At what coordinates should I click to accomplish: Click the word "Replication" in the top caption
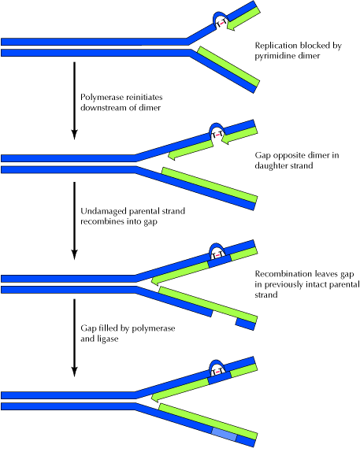[276, 46]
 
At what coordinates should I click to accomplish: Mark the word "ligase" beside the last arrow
[107, 339]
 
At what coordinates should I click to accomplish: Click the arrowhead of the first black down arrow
[74, 135]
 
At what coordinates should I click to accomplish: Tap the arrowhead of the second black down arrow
[74, 254]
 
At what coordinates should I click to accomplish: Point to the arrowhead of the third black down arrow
[74, 372]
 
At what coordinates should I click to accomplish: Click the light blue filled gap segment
[225, 435]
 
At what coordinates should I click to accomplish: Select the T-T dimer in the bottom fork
[217, 371]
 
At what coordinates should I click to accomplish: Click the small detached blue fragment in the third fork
[245, 324]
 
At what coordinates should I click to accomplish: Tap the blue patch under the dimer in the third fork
[220, 261]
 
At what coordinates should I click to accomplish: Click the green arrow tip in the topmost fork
[230, 26]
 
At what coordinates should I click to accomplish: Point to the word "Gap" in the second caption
[262, 156]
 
